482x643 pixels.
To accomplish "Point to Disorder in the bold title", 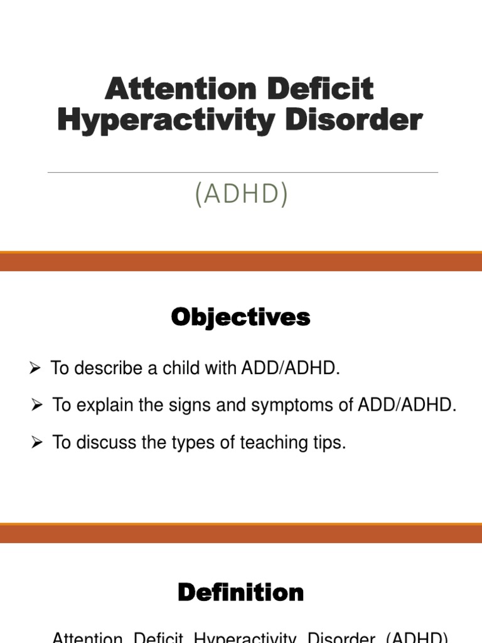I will point(353,120).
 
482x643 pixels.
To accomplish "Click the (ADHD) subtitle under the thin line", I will point(242,194).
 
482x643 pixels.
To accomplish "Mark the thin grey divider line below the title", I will point(242,172).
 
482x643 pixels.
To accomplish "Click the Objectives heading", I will point(241,318).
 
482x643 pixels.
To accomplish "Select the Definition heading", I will point(241,592).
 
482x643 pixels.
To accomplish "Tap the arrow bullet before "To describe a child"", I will point(35,369).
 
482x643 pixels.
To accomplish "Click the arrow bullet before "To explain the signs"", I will point(37,406).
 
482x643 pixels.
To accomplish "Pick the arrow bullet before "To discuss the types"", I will point(37,443).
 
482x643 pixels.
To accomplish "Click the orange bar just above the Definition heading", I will point(241,534).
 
